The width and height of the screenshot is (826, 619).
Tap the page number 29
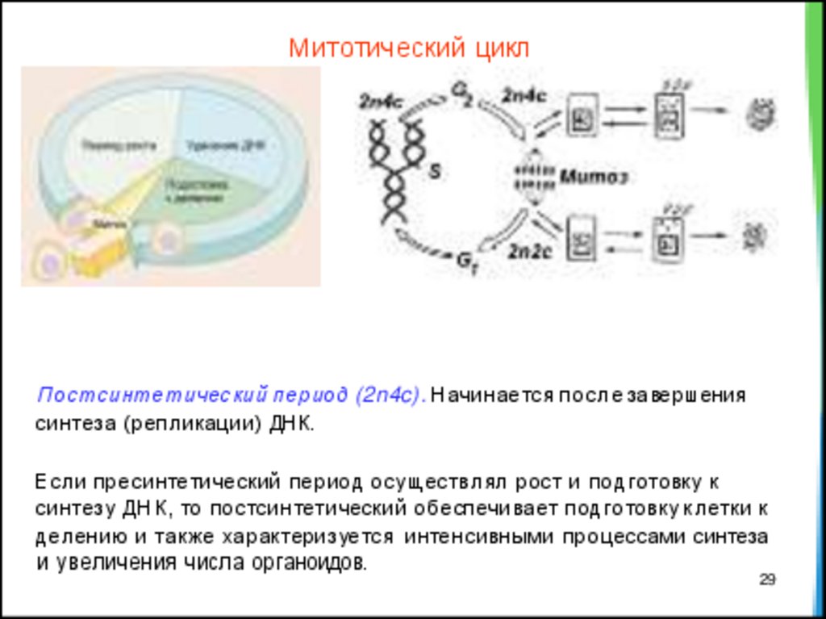coord(767,579)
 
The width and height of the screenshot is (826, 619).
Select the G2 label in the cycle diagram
coord(462,95)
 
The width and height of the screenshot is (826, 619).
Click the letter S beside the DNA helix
coord(434,172)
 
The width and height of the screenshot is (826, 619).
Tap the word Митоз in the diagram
coord(594,176)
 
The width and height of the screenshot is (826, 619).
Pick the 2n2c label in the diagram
coord(528,251)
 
